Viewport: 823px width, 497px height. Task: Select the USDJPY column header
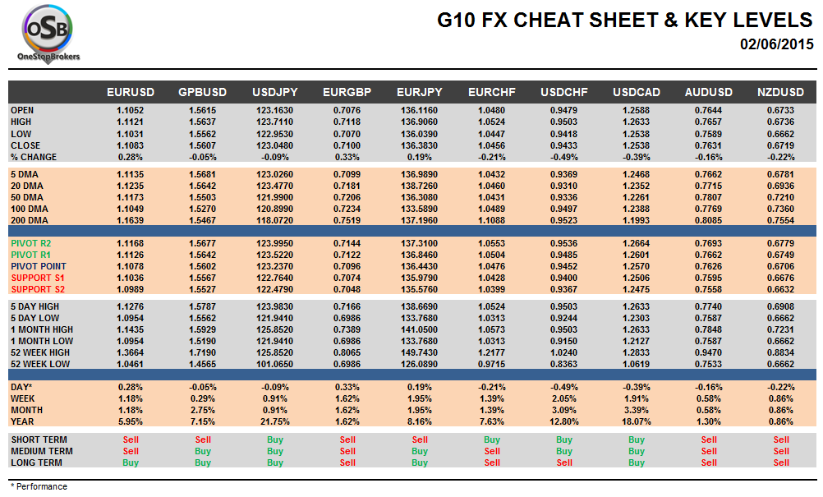(274, 93)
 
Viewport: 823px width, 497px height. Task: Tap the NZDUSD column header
(781, 93)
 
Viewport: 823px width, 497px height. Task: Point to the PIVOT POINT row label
(39, 266)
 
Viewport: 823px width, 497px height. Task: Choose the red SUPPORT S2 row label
(37, 289)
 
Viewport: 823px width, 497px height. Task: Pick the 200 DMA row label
(30, 220)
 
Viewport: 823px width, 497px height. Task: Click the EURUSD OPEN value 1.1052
(131, 110)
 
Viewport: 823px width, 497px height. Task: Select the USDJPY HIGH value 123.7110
(274, 122)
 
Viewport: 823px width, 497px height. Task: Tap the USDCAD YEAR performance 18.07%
(637, 421)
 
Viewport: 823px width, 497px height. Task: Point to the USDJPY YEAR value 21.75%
(274, 421)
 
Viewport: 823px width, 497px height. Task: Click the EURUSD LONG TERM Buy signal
(131, 462)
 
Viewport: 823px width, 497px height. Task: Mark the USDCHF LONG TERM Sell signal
(564, 462)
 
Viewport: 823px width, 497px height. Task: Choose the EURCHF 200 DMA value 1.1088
(492, 220)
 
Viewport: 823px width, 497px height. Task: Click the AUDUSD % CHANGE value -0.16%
(709, 156)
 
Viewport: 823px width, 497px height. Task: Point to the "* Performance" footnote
(39, 486)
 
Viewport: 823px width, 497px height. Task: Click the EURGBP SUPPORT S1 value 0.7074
(347, 278)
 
